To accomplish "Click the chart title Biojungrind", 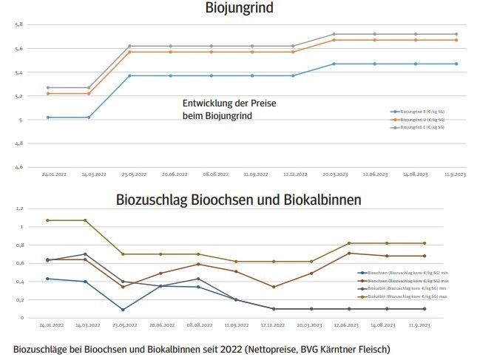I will click(238, 8).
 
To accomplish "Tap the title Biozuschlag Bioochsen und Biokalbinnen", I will click(238, 200).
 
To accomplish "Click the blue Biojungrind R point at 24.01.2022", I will click(48, 118).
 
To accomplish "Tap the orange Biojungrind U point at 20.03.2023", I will click(334, 40).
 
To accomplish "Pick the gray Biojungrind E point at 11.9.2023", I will click(456, 34).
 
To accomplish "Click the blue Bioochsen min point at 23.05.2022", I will click(122, 310).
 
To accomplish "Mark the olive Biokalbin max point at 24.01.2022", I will click(48, 220).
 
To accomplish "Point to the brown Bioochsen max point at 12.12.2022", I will click(274, 287).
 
